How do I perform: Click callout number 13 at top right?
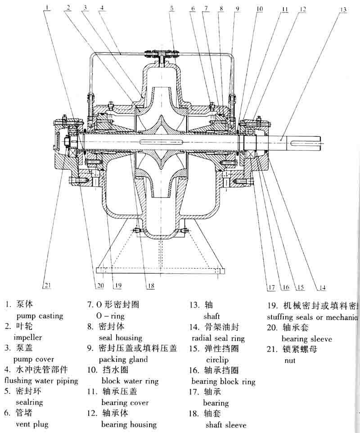[x=343, y=9]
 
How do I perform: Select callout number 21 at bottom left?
[x=46, y=284]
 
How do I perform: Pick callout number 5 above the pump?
[x=171, y=8]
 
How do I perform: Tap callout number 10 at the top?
[x=260, y=9]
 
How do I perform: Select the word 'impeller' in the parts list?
[x=28, y=337]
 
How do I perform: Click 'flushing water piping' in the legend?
[x=41, y=381]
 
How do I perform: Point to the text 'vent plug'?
[x=32, y=424]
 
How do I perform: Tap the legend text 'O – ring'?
[x=110, y=316]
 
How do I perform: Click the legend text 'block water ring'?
[x=130, y=381]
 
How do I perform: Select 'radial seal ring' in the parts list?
[x=218, y=338]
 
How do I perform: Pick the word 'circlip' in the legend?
[x=217, y=360]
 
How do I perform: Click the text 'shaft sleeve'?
[x=226, y=424]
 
